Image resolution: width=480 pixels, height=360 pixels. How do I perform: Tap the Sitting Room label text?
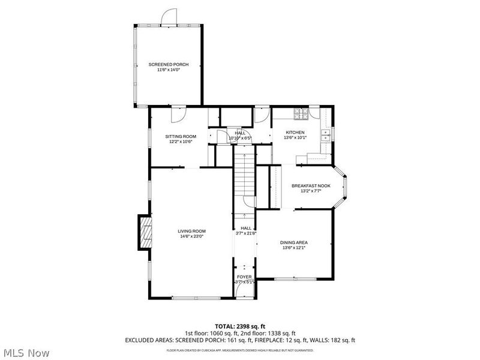(181, 136)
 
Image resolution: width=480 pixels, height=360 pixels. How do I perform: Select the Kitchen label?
(295, 132)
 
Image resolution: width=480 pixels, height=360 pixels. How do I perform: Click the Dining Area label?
(294, 242)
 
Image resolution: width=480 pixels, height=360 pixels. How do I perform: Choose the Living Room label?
(191, 231)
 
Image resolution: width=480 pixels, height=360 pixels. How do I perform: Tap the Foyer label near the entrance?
(244, 277)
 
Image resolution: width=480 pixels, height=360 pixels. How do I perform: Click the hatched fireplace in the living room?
(144, 233)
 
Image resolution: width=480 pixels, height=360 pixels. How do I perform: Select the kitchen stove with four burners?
(301, 113)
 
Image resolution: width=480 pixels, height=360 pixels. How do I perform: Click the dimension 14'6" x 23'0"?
(191, 236)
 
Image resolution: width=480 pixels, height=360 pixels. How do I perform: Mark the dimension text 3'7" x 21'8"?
(246, 233)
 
